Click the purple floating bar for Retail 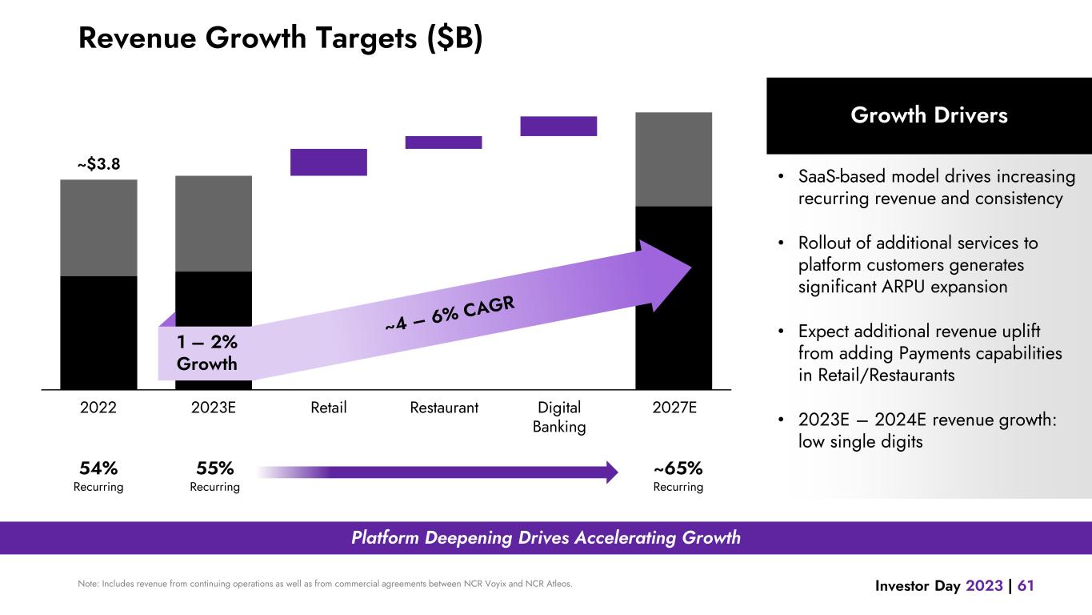pos(328,162)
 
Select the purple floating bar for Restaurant pos(443,143)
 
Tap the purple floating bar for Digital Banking pos(558,126)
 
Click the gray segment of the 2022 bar pos(98,227)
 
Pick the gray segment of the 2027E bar pos(674,159)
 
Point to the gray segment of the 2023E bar pos(214,223)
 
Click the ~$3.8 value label pos(98,164)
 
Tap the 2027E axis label pos(674,408)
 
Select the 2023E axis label pos(214,408)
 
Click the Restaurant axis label pos(444,408)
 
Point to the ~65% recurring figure pos(678,468)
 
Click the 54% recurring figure pos(98,468)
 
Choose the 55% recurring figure pos(214,468)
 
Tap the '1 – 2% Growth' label pos(207,352)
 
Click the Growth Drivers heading pos(929,115)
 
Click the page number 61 pos(1026,586)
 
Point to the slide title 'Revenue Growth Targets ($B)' pos(280,38)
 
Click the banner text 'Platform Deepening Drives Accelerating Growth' pos(546,538)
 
